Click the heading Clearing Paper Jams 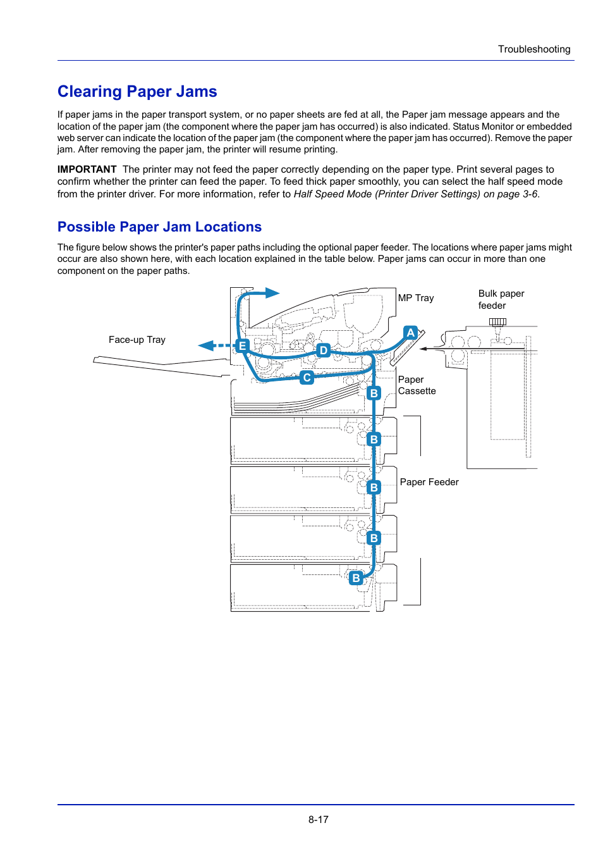click(137, 92)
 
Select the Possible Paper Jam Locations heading click(159, 227)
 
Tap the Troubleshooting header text click(533, 49)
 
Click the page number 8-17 click(318, 819)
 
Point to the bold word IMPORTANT click(87, 170)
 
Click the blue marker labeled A click(411, 333)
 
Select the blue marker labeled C click(307, 378)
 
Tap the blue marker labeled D click(324, 350)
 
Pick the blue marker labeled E click(242, 346)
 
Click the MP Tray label click(416, 298)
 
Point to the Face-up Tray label click(137, 340)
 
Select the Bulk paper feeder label click(501, 299)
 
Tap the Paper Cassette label click(417, 385)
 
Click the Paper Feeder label click(429, 482)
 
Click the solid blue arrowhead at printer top click(272, 293)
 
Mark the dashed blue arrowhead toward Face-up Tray click(207, 345)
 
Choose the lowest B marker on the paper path click(356, 578)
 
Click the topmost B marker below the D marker click(374, 393)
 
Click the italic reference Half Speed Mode click(332, 194)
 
